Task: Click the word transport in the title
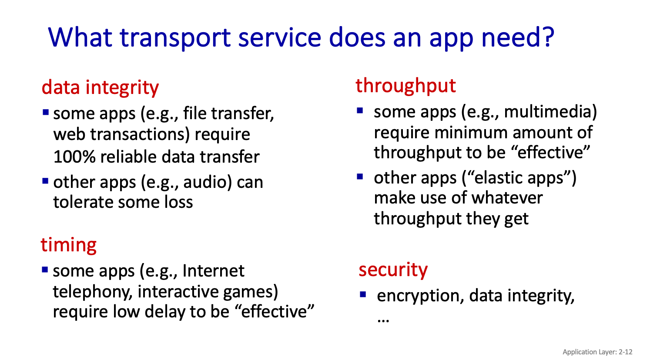[x=175, y=38]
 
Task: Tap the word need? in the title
[x=518, y=37]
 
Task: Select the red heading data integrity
[x=100, y=87]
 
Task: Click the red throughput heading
[x=405, y=86]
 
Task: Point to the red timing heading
[x=68, y=245]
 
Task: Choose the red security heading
[x=393, y=270]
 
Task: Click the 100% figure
[x=74, y=157]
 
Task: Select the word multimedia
[x=550, y=112]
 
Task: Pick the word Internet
[x=213, y=271]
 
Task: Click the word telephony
[x=92, y=292]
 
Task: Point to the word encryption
[x=419, y=297]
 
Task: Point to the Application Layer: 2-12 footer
[x=597, y=352]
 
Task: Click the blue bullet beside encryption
[x=363, y=295]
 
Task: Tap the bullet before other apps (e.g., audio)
[x=45, y=181]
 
